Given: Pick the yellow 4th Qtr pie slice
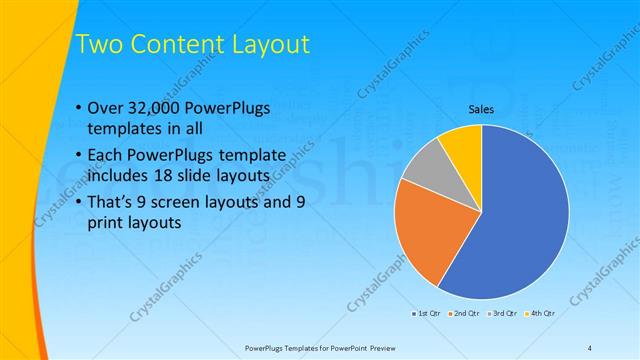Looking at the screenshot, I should coord(463,143).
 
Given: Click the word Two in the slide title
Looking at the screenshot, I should coord(100,43).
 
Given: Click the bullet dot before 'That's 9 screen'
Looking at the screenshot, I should coord(80,203).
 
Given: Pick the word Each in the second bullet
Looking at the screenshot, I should coord(109,156).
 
